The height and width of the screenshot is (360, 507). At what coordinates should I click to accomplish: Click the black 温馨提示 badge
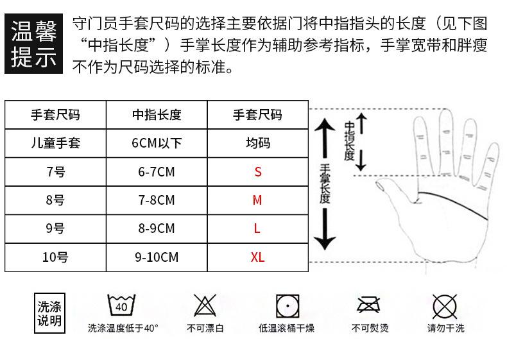(34, 44)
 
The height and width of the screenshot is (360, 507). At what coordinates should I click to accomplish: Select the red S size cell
(257, 172)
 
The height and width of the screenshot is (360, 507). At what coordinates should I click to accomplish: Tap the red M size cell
(257, 200)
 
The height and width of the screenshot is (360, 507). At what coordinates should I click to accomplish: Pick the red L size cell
(257, 228)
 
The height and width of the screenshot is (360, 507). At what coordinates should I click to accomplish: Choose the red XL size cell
(257, 257)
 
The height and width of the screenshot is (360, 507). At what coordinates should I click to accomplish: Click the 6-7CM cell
(157, 172)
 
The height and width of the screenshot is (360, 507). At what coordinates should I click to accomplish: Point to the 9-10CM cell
(157, 257)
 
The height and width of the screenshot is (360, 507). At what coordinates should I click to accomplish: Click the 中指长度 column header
(157, 115)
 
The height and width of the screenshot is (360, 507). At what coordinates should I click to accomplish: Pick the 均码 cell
(257, 143)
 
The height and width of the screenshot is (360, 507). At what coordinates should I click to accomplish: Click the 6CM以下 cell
(157, 143)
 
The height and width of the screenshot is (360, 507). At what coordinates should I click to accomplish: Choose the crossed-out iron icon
(369, 305)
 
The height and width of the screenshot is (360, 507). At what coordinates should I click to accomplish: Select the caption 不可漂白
(205, 329)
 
